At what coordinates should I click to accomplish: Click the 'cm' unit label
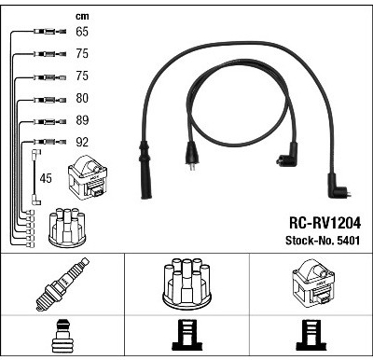point(82,16)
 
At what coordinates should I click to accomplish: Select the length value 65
point(82,32)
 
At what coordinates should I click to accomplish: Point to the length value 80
point(82,98)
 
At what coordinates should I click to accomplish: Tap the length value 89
point(82,120)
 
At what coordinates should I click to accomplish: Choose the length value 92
point(82,142)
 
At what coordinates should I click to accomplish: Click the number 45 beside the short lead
point(46,178)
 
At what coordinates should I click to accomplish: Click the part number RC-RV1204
point(325,223)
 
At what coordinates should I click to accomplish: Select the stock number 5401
point(348,241)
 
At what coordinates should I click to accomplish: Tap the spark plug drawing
point(62,284)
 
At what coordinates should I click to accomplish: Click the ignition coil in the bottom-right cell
point(312,285)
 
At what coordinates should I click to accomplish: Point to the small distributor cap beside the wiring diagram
point(67,228)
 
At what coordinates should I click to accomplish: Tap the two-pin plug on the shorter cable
point(191,154)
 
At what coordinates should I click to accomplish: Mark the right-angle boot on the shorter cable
point(286,155)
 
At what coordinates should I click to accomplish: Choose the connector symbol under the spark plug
point(62,336)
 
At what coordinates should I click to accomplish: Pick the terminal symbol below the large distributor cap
point(187,335)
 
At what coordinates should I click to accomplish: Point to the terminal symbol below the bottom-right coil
point(311,335)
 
